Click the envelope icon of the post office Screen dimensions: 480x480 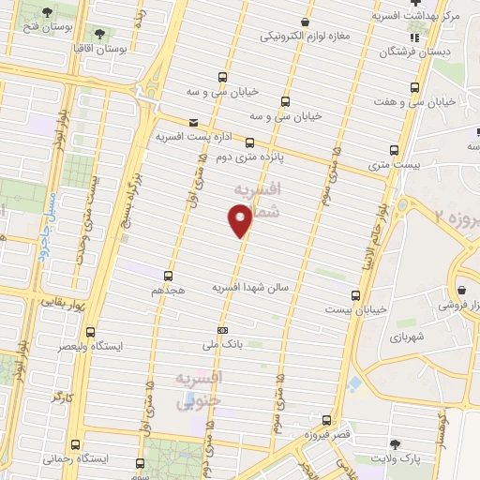(x=193, y=123)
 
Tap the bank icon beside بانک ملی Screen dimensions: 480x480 (x=222, y=330)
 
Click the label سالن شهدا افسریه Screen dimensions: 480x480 (x=243, y=287)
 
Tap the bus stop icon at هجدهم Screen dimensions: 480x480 (x=169, y=276)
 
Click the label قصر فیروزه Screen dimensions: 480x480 (x=329, y=435)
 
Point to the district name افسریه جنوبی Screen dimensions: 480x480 (x=199, y=388)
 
